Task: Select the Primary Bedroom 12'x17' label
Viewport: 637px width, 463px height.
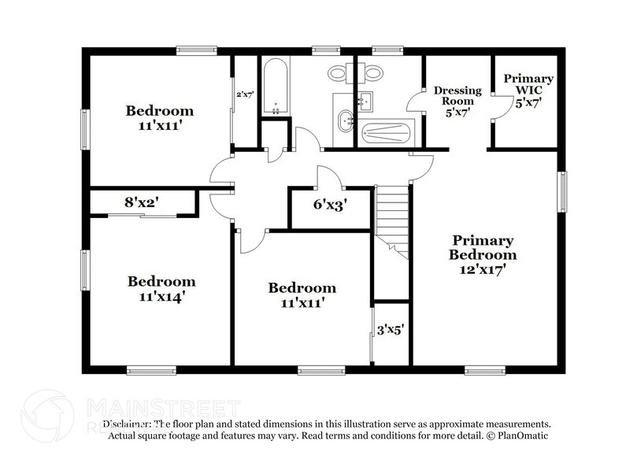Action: click(482, 254)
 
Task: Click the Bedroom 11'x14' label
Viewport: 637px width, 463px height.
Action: click(161, 289)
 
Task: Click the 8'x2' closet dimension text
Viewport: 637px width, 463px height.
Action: click(142, 202)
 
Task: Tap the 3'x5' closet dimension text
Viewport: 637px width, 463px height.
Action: click(392, 331)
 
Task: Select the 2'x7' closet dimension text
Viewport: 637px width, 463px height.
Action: click(245, 95)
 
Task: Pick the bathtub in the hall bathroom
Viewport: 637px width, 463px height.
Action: click(275, 87)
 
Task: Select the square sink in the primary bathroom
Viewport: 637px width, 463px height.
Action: click(365, 101)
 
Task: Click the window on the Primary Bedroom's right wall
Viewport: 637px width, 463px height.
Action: click(562, 191)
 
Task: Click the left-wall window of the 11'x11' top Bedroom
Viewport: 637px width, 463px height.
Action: click(85, 126)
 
